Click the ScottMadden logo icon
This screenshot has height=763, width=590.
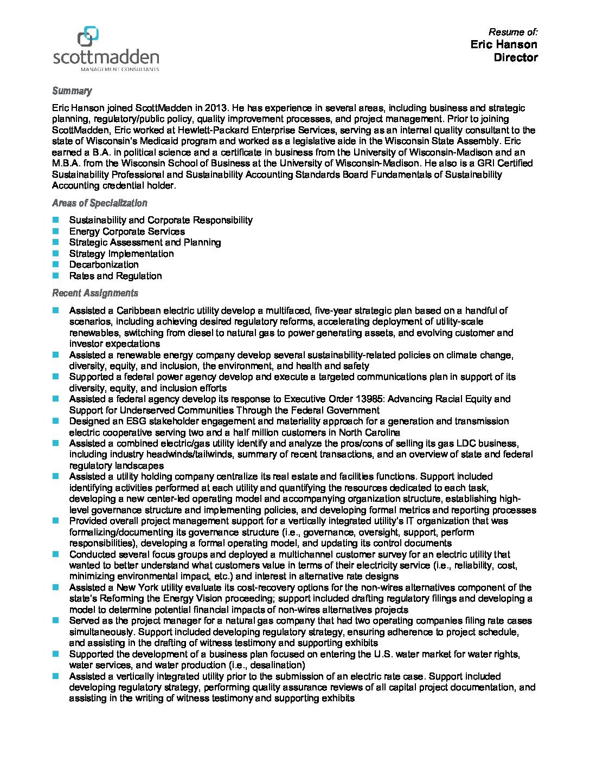click(88, 37)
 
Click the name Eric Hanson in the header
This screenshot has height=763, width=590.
click(504, 44)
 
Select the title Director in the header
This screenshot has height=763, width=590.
click(515, 57)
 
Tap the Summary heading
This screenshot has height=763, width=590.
click(72, 91)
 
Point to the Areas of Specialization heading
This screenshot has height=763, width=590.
click(99, 203)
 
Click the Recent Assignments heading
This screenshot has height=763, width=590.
click(95, 293)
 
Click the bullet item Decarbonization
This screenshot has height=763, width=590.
click(104, 264)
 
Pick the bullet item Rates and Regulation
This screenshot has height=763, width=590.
click(115, 276)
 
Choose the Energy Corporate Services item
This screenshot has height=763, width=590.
click(127, 231)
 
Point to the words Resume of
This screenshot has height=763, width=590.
click(512, 32)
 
